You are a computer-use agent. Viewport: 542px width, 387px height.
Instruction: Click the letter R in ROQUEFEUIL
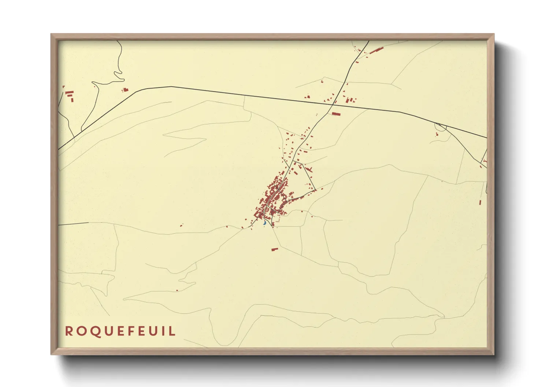click(x=68, y=331)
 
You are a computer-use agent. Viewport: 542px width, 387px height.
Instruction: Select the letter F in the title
click(x=135, y=331)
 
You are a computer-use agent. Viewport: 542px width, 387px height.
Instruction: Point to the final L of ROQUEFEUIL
click(x=172, y=331)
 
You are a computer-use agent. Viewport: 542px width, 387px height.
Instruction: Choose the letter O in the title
click(x=81, y=331)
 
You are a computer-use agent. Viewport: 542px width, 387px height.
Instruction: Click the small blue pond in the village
click(x=264, y=222)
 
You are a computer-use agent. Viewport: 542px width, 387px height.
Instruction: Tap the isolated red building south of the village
click(x=275, y=249)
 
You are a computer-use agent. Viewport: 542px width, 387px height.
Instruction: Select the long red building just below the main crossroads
click(x=336, y=114)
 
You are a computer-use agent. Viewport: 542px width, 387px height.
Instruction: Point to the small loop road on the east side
click(x=441, y=127)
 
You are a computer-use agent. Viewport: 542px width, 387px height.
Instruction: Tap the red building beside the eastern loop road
click(x=437, y=135)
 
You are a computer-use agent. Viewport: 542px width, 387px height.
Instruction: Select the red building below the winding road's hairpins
click(x=126, y=90)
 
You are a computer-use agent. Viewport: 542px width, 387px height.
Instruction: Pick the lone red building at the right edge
click(x=480, y=202)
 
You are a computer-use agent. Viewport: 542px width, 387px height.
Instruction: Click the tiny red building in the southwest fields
click(x=177, y=290)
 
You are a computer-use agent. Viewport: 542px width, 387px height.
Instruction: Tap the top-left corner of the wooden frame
click(x=51, y=34)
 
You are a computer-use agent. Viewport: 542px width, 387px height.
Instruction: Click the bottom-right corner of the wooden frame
click(x=494, y=354)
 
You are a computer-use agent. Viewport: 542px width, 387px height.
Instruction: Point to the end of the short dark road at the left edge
click(x=88, y=222)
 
